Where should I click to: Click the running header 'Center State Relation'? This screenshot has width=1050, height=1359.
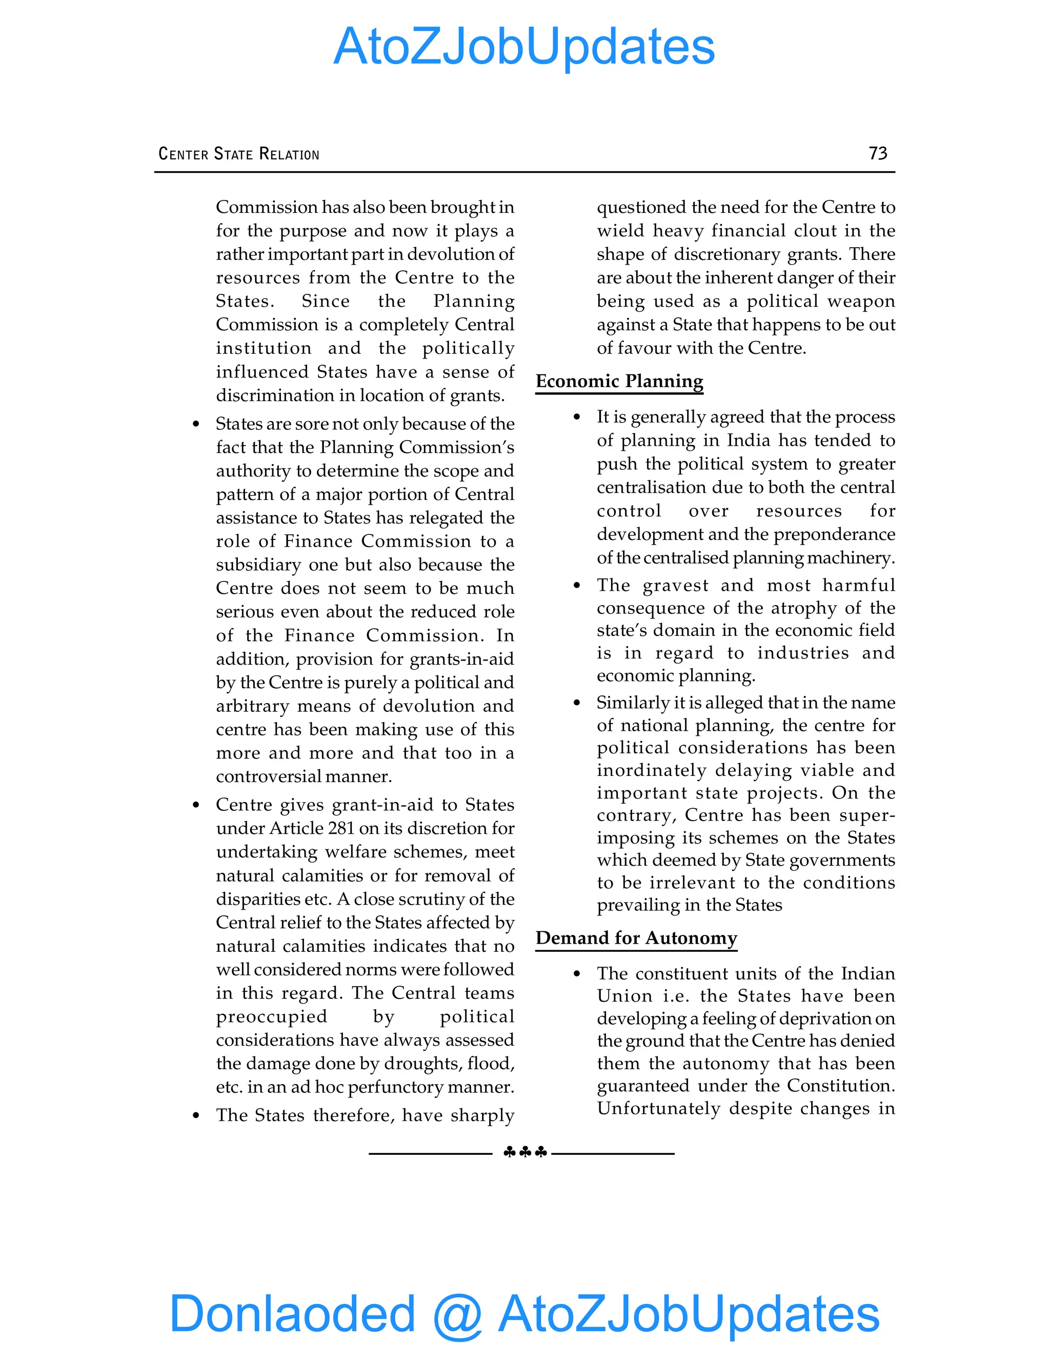pyautogui.click(x=239, y=154)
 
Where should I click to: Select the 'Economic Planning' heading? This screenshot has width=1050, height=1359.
pyautogui.click(x=619, y=381)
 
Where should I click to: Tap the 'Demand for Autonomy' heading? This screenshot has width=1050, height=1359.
pyautogui.click(x=636, y=938)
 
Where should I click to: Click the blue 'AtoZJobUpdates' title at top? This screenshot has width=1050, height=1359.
pyautogui.click(x=524, y=47)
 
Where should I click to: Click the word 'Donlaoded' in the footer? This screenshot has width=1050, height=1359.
pyautogui.click(x=292, y=1313)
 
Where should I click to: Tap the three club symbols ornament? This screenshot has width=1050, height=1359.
pyautogui.click(x=525, y=1152)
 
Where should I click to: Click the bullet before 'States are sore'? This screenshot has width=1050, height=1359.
pyautogui.click(x=196, y=425)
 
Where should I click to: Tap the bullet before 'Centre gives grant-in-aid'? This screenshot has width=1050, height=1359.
pyautogui.click(x=196, y=805)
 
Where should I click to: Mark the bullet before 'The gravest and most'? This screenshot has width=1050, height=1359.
pyautogui.click(x=577, y=586)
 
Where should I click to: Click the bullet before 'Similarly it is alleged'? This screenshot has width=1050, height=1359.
pyautogui.click(x=577, y=703)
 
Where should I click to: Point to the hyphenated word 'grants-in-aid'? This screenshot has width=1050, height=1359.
pyautogui.click(x=460, y=659)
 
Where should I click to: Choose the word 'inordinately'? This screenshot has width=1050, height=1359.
pyautogui.click(x=651, y=770)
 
